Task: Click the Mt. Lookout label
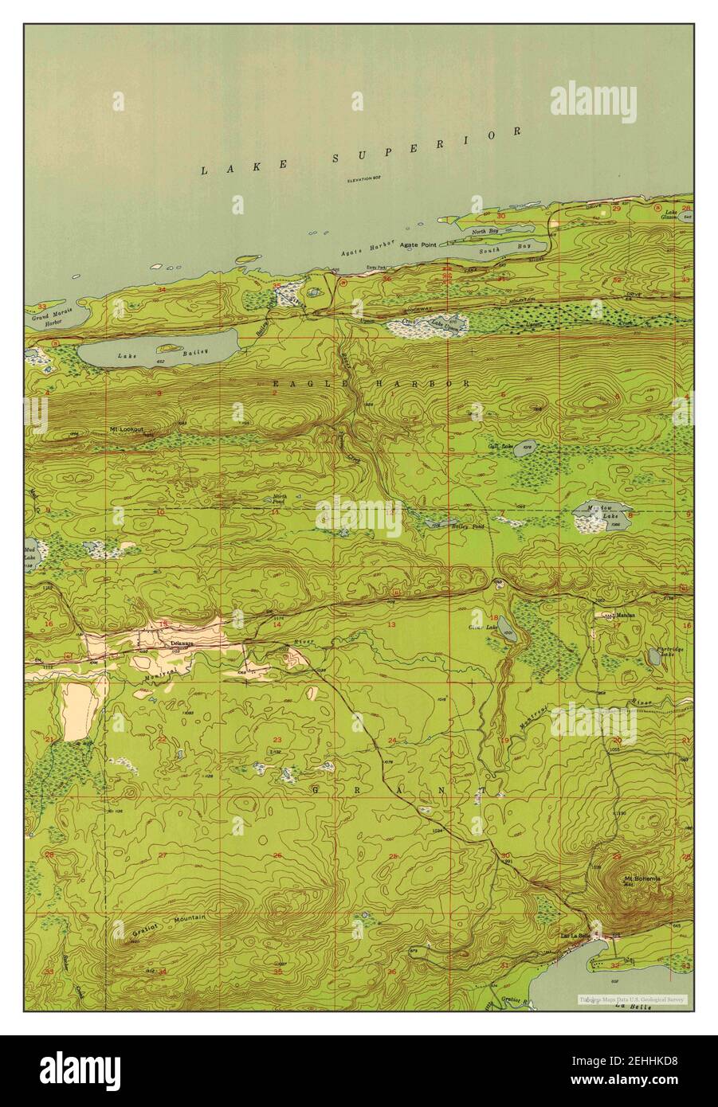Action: (126, 429)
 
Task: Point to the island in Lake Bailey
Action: (168, 347)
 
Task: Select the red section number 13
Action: (391, 625)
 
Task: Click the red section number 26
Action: (277, 855)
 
